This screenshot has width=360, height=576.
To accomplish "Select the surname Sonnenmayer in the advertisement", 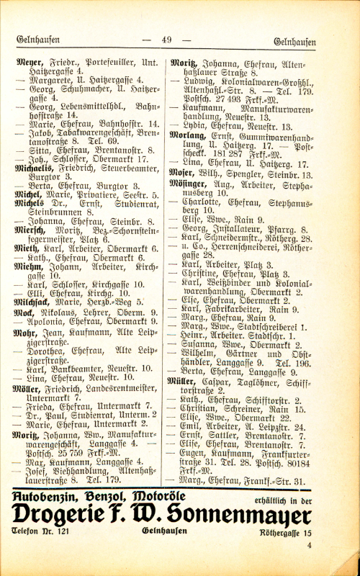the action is (251, 515).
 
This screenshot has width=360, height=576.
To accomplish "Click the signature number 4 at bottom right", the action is (308, 545).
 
